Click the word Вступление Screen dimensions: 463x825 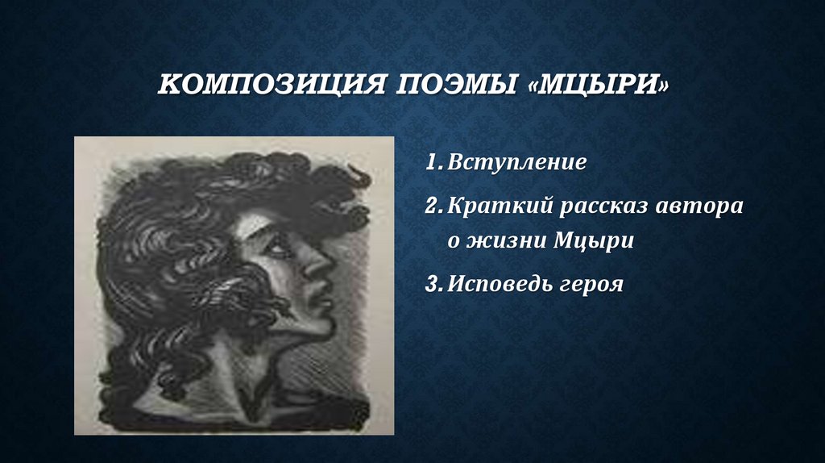[x=517, y=163]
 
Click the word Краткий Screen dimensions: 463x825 [x=492, y=206]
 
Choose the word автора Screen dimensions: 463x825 [x=700, y=207]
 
